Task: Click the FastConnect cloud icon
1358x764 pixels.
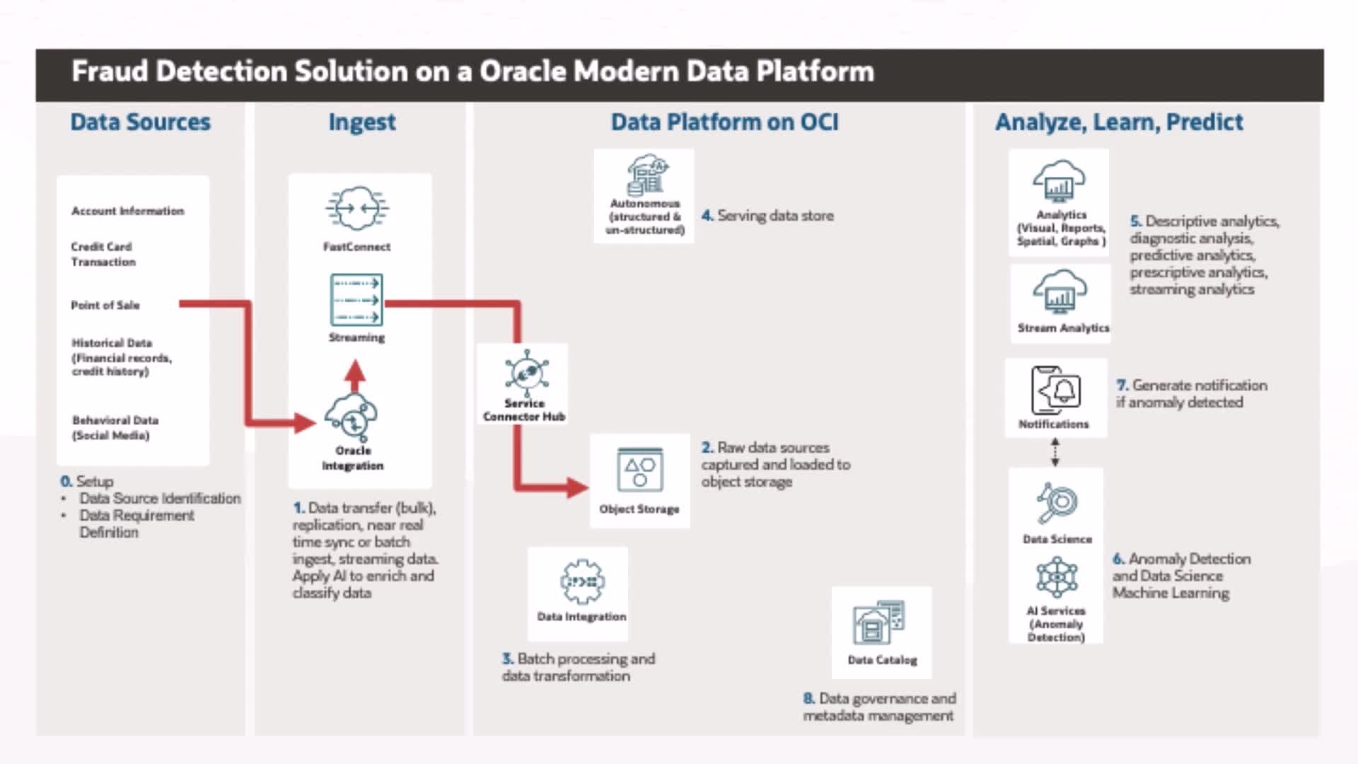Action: (357, 209)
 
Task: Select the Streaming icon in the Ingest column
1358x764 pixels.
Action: (356, 300)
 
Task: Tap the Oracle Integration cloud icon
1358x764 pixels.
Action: (352, 416)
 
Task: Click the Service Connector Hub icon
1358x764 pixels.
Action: (526, 373)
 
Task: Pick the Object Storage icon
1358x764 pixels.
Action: (639, 470)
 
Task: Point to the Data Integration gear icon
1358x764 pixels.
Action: (581, 581)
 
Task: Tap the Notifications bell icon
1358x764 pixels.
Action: (1056, 390)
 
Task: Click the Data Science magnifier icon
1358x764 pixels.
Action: (1057, 503)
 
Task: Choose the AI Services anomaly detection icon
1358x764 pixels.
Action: (1057, 577)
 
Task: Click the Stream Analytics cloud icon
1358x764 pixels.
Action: (1060, 291)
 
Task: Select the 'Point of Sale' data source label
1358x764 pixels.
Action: (105, 305)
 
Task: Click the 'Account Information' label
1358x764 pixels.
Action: (127, 211)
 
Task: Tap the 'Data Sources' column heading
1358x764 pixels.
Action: (140, 122)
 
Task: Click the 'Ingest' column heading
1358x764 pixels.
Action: (361, 122)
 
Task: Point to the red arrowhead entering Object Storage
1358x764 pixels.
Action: (578, 487)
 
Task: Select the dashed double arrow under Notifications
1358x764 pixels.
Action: (1055, 452)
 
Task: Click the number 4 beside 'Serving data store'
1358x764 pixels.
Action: (707, 216)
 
